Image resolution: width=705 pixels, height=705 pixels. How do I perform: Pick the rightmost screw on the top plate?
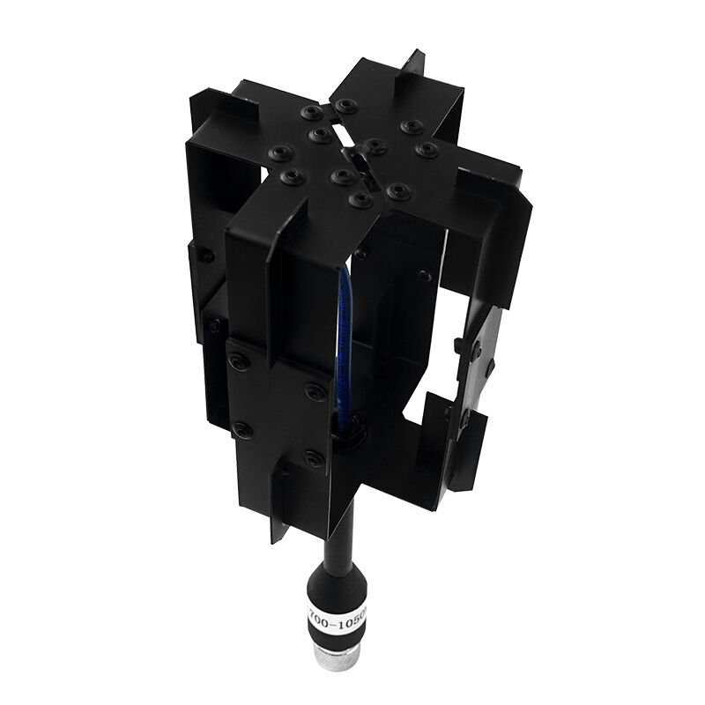point(428,150)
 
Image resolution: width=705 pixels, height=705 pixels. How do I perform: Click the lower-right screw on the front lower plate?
point(314,458)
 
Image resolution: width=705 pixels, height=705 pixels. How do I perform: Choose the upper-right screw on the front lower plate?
point(315,389)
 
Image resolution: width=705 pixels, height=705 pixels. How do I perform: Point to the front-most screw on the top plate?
point(359,201)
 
